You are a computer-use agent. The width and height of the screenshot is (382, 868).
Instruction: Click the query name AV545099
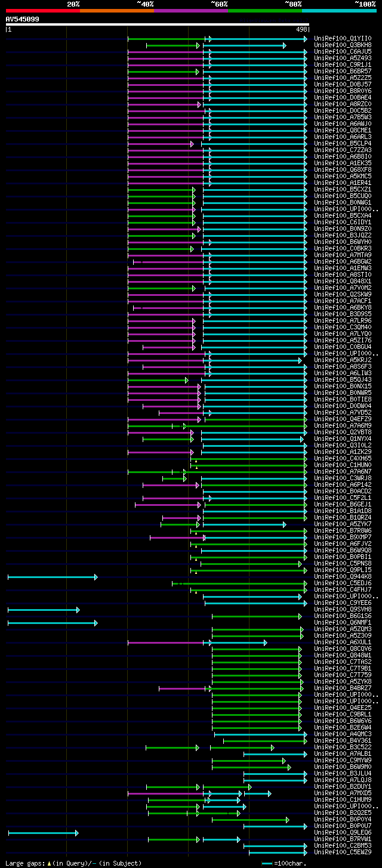[x=23, y=19]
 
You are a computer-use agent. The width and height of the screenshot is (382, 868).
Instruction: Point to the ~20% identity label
[x=73, y=4]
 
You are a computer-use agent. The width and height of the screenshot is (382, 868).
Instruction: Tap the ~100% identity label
[x=365, y=4]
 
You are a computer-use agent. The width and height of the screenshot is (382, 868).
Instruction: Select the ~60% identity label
[x=219, y=4]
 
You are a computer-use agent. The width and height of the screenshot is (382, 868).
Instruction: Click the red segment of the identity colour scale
[x=42, y=11]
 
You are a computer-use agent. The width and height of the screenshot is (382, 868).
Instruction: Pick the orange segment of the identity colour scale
[x=116, y=11]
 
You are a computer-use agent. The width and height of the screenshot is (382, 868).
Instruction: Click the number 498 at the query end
[x=301, y=29]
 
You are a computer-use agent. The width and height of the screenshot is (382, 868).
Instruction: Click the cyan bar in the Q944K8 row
[x=52, y=577]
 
